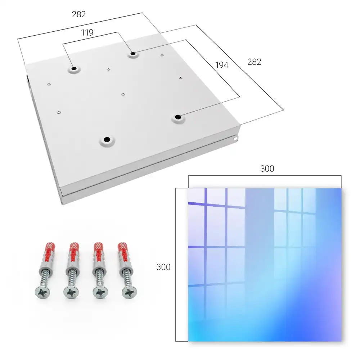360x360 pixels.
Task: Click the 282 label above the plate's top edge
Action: (x=79, y=14)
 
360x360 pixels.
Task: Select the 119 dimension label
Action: (x=87, y=33)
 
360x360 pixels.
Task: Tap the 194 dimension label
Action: (x=222, y=65)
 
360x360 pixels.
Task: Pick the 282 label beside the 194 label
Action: (x=254, y=62)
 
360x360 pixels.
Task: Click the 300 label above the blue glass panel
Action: (x=267, y=168)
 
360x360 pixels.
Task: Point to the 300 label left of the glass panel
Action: (x=163, y=267)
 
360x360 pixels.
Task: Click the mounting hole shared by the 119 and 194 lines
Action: (x=133, y=54)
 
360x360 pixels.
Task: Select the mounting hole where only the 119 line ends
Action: (x=74, y=68)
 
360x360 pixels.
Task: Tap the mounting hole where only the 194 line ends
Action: (x=178, y=117)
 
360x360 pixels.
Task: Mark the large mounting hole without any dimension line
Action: (x=107, y=139)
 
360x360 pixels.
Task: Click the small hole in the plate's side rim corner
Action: (x=235, y=139)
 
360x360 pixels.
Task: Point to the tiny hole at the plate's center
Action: (x=123, y=94)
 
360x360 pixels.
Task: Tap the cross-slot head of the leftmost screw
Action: (x=42, y=292)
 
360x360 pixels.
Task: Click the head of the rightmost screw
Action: (x=130, y=292)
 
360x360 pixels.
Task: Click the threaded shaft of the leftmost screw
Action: (x=45, y=279)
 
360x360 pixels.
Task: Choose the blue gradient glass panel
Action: (x=265, y=265)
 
